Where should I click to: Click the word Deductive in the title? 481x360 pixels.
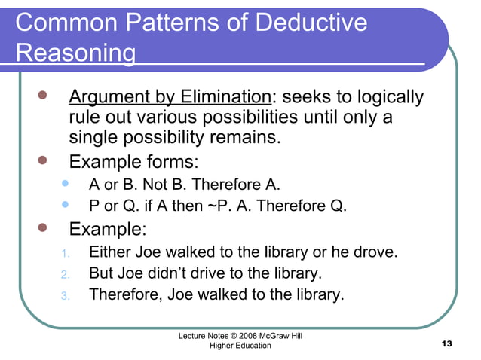point(312,23)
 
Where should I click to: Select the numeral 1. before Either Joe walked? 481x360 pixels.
point(65,252)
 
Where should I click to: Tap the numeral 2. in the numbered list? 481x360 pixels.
point(65,273)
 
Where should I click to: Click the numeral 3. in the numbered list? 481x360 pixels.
point(65,294)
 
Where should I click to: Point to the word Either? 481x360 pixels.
point(111,252)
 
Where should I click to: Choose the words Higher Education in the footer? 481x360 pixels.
point(235,345)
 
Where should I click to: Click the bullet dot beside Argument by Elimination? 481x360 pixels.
point(43,97)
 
